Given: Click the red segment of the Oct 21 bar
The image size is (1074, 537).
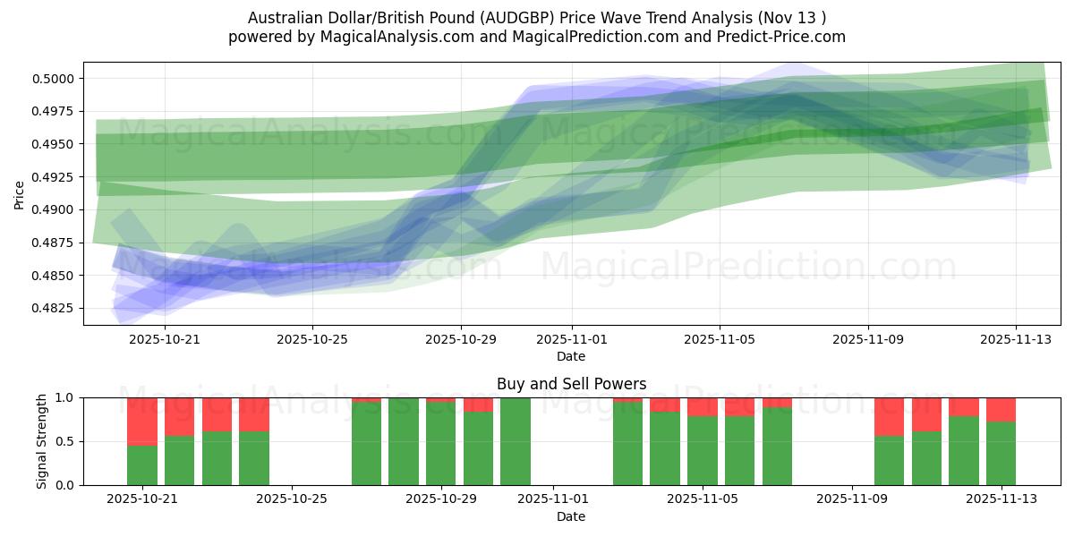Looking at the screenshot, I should point(142,421).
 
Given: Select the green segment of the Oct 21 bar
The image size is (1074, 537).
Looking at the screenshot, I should point(142,465).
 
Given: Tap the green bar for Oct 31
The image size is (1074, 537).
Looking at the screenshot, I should point(516,441).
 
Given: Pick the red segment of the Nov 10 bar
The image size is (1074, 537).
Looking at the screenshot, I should point(889,416).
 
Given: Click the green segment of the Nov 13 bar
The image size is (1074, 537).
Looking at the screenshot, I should point(1001,454).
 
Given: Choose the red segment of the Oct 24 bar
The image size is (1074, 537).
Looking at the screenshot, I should point(254,414).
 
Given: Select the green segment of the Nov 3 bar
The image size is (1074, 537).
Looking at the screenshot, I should point(627,444).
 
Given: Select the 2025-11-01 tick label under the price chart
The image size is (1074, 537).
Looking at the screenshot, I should point(572,340).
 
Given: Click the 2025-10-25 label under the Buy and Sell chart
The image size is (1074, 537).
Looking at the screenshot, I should point(292,499).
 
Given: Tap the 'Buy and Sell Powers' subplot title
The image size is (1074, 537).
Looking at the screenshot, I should point(571,384).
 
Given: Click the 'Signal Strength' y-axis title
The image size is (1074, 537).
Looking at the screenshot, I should point(41,441).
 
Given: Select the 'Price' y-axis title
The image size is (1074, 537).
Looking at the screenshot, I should point(20,194).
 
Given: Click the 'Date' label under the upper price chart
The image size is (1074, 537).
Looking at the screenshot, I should point(571,356).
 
